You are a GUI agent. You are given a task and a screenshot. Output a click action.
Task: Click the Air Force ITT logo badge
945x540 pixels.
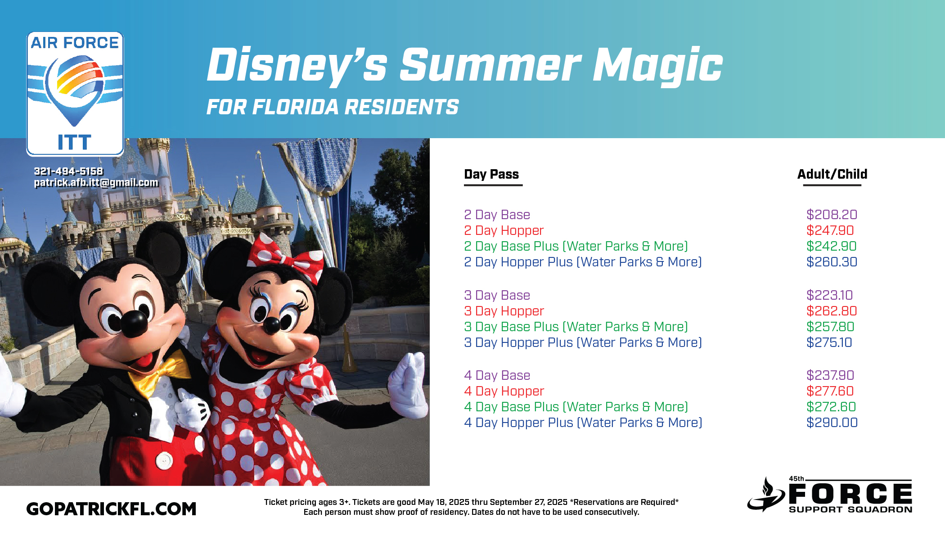click(75, 94)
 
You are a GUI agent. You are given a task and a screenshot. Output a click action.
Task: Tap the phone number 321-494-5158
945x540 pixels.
click(68, 171)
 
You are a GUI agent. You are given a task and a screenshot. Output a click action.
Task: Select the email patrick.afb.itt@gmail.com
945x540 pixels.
click(96, 183)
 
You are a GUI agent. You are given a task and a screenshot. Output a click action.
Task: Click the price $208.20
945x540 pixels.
click(832, 215)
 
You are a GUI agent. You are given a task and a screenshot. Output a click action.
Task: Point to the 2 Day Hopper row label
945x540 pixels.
click(504, 230)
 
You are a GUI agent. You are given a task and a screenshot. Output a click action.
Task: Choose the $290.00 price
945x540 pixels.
click(832, 423)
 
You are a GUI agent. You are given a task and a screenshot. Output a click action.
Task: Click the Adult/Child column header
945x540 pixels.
click(832, 174)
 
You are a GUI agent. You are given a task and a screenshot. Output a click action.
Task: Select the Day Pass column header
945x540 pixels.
click(491, 174)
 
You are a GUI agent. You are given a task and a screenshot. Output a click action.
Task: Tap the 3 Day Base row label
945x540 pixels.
click(497, 295)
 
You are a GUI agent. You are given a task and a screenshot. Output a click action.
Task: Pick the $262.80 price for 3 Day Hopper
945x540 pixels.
click(832, 311)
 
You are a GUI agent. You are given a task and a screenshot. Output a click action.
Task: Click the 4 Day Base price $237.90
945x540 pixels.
click(830, 375)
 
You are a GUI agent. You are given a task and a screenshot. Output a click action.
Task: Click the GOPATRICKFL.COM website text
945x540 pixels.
click(111, 509)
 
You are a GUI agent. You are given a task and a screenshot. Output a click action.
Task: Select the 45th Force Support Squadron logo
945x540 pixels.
click(829, 495)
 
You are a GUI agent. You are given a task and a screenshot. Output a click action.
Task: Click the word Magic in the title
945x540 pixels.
click(657, 66)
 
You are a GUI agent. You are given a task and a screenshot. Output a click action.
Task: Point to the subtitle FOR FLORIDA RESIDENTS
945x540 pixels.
click(333, 107)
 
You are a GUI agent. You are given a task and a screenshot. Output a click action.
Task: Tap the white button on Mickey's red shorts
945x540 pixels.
click(164, 460)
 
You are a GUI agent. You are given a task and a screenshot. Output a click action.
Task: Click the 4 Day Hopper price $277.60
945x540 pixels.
click(830, 391)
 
